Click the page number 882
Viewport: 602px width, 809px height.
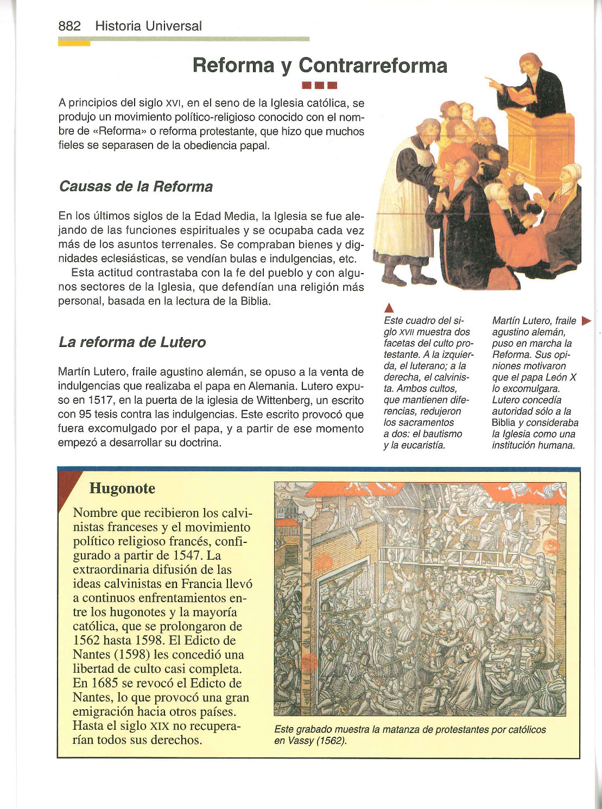pyautogui.click(x=69, y=26)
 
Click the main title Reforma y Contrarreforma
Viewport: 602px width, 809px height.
pyautogui.click(x=320, y=65)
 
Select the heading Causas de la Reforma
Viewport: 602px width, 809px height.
pyautogui.click(x=135, y=187)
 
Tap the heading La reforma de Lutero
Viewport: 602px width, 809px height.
pyautogui.click(x=132, y=343)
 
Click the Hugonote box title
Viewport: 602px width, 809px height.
pyautogui.click(x=122, y=489)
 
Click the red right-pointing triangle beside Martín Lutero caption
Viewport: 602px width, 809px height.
pyautogui.click(x=586, y=321)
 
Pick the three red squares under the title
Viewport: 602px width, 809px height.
pyautogui.click(x=320, y=85)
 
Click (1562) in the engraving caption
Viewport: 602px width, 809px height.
pyautogui.click(x=330, y=741)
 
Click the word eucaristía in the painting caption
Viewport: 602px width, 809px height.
pyautogui.click(x=423, y=445)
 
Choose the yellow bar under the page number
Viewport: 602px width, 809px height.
pyautogui.click(x=74, y=44)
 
